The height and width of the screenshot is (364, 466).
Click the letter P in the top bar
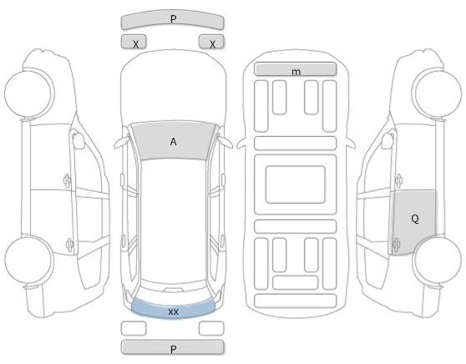click(173, 19)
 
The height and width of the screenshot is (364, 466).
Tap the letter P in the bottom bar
click(173, 349)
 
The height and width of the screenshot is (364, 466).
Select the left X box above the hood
click(134, 41)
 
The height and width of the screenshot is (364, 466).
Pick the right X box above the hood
click(211, 41)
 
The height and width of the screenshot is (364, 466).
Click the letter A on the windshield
click(173, 142)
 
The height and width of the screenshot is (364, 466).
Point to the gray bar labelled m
click(296, 69)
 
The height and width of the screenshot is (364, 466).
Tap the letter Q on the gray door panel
click(415, 219)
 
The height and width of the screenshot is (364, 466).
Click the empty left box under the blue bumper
click(134, 328)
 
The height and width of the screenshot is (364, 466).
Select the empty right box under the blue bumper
click(211, 328)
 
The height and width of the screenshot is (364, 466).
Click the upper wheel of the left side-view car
click(29, 93)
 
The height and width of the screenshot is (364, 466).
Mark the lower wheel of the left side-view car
click(29, 260)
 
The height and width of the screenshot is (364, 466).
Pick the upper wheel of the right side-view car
click(438, 93)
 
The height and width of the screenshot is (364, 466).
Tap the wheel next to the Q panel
click(438, 260)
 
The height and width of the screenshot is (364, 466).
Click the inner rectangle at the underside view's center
click(296, 185)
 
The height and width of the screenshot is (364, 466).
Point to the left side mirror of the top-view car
click(121, 143)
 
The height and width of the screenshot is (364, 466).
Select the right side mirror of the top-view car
click(225, 143)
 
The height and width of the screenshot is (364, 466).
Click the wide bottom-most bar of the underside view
click(296, 301)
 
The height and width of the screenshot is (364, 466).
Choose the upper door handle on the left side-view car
click(68, 180)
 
